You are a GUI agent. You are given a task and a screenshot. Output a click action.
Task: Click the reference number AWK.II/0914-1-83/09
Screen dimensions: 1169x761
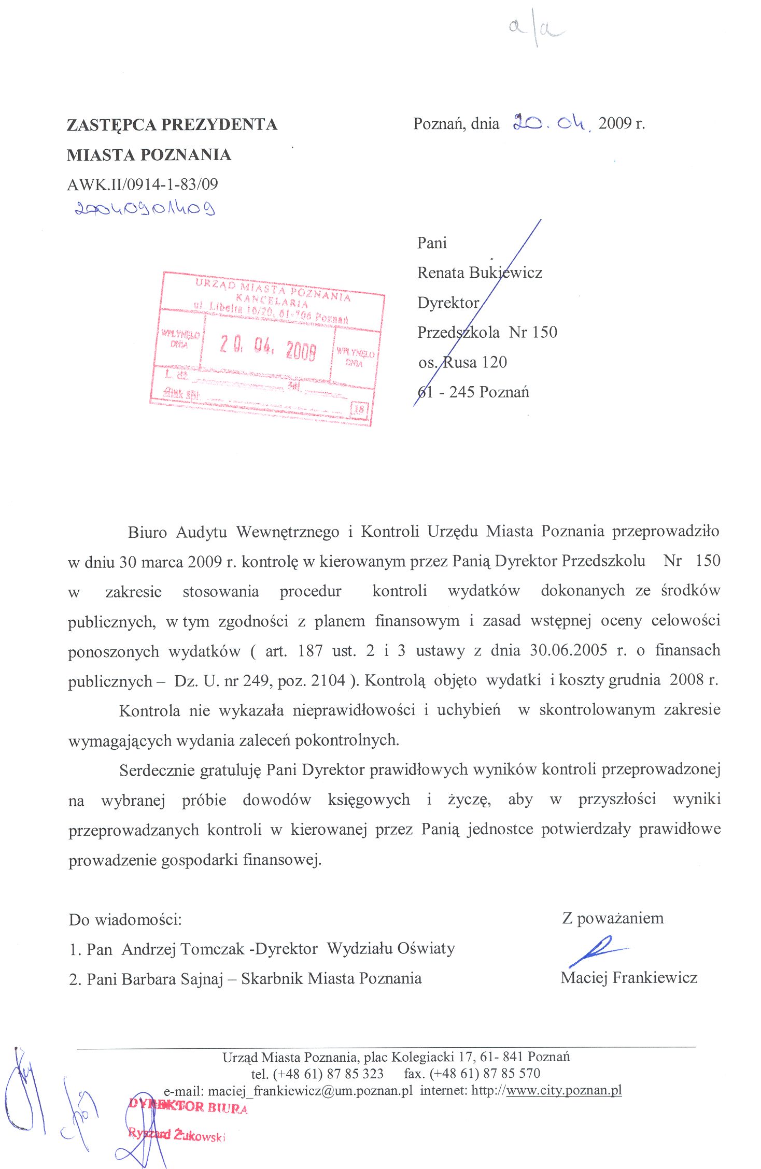(x=143, y=184)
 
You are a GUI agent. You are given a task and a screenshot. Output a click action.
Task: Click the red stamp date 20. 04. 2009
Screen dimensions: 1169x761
(x=268, y=348)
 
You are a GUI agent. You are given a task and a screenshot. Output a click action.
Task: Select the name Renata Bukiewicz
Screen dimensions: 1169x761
(x=480, y=273)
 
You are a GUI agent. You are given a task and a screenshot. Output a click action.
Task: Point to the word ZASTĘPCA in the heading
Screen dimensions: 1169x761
(x=111, y=125)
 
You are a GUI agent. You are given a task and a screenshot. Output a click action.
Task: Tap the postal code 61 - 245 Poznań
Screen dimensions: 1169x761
(x=473, y=392)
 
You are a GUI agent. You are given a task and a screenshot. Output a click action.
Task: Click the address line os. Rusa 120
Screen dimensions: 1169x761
(x=462, y=362)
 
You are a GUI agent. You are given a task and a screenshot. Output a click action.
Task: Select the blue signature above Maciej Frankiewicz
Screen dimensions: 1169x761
(x=596, y=950)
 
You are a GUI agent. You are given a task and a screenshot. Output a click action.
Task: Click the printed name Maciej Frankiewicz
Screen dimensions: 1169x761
(x=628, y=978)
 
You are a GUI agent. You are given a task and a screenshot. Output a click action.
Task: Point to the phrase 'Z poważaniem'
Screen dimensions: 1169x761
(x=612, y=918)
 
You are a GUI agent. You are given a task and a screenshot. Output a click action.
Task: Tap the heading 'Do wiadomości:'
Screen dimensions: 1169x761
(x=125, y=920)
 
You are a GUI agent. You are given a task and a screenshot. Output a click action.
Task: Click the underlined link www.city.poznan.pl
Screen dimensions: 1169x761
(x=563, y=1090)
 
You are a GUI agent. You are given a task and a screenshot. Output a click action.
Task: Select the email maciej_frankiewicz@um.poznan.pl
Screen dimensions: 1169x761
(x=310, y=1091)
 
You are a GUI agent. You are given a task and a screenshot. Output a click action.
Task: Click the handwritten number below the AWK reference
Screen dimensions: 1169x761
(x=145, y=209)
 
